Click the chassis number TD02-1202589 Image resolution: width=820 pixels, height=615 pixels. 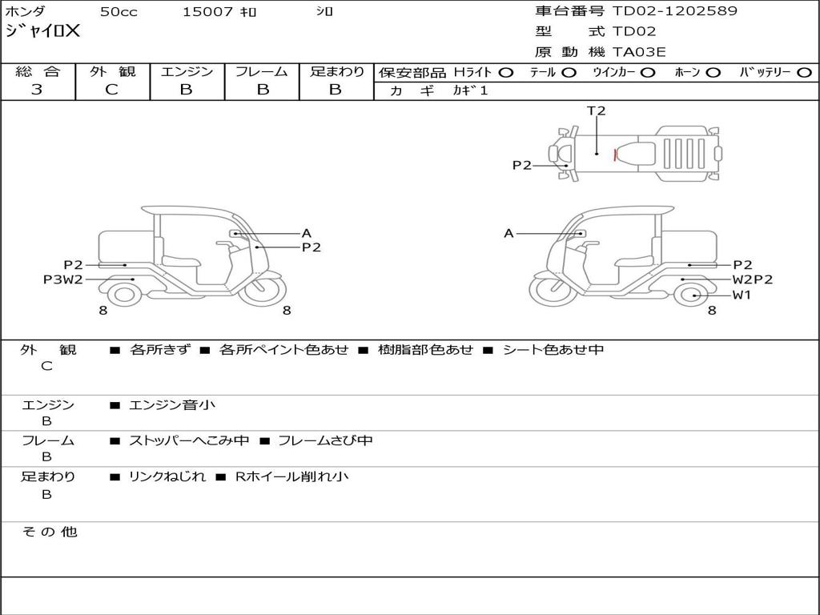click(674, 11)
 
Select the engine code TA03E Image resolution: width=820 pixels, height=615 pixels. click(639, 53)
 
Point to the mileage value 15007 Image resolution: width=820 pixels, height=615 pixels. click(207, 12)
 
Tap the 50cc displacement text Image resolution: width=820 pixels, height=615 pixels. click(118, 12)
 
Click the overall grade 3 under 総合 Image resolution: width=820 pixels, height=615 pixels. click(37, 90)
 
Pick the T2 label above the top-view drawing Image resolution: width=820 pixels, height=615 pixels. click(597, 111)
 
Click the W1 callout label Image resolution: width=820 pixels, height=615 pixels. click(742, 295)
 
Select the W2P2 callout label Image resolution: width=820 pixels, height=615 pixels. click(752, 279)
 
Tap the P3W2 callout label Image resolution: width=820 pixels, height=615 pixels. click(63, 279)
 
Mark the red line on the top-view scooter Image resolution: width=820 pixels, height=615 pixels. click(615, 155)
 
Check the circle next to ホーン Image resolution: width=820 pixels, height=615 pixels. click(713, 73)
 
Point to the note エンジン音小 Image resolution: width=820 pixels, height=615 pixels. click(172, 405)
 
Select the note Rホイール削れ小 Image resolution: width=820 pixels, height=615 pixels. click(291, 476)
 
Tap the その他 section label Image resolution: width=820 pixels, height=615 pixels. click(49, 532)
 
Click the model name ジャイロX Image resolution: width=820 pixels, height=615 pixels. click(42, 31)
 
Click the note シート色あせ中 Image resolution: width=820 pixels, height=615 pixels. click(553, 350)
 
